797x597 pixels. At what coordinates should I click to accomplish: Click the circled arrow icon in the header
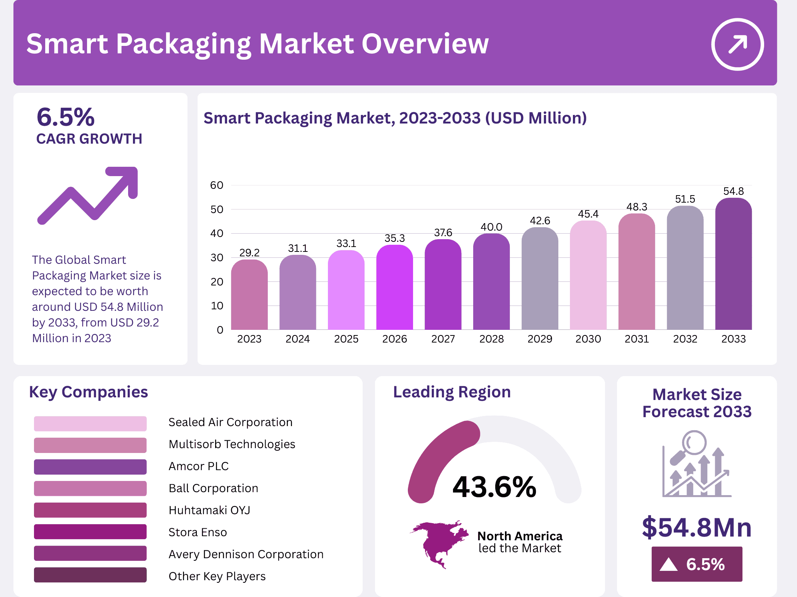[x=737, y=44]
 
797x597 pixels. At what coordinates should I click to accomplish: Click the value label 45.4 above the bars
[x=588, y=214]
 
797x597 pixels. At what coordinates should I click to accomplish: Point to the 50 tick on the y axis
[x=217, y=209]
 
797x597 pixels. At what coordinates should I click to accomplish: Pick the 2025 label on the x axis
[x=346, y=339]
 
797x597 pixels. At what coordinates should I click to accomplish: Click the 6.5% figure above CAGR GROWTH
[x=66, y=117]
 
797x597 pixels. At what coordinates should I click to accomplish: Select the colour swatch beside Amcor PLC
[x=90, y=467]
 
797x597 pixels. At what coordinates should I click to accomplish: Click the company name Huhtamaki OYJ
[x=209, y=510]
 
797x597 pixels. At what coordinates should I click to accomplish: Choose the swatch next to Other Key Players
[x=90, y=575]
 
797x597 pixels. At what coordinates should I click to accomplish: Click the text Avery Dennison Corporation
[x=246, y=554]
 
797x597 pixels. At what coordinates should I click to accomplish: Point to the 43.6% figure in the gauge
[x=494, y=487]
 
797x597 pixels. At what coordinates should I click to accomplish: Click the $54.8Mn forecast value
[x=697, y=527]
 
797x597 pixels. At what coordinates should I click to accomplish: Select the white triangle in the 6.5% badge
[x=668, y=565]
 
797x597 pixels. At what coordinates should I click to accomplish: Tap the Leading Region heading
[x=452, y=392]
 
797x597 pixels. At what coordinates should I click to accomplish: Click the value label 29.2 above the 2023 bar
[x=249, y=253]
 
